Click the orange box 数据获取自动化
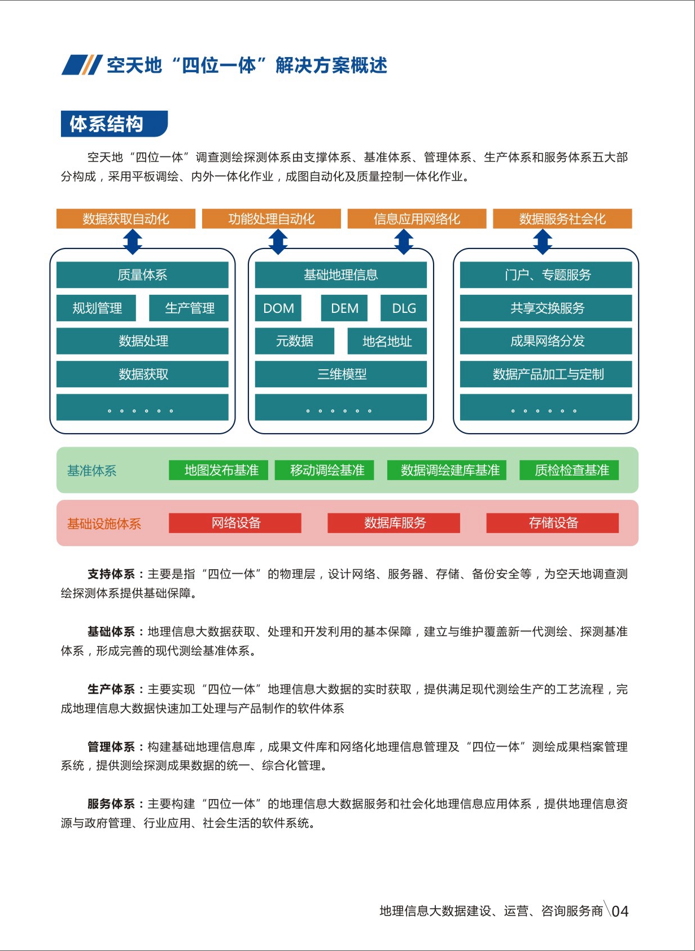click(x=126, y=219)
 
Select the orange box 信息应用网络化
click(x=417, y=219)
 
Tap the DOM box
click(x=278, y=308)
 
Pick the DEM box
click(x=344, y=308)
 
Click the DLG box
click(x=404, y=308)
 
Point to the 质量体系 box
click(x=142, y=274)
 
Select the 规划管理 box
click(x=97, y=308)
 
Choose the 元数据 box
click(x=295, y=341)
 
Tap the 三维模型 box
click(x=341, y=374)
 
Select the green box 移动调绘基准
click(x=325, y=470)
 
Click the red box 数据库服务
click(x=394, y=522)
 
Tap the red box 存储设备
click(x=552, y=522)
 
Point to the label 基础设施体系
click(x=104, y=524)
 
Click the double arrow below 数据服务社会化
click(x=542, y=242)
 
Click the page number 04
click(x=620, y=911)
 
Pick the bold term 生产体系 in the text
click(x=111, y=688)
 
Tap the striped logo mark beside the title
click(x=82, y=65)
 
